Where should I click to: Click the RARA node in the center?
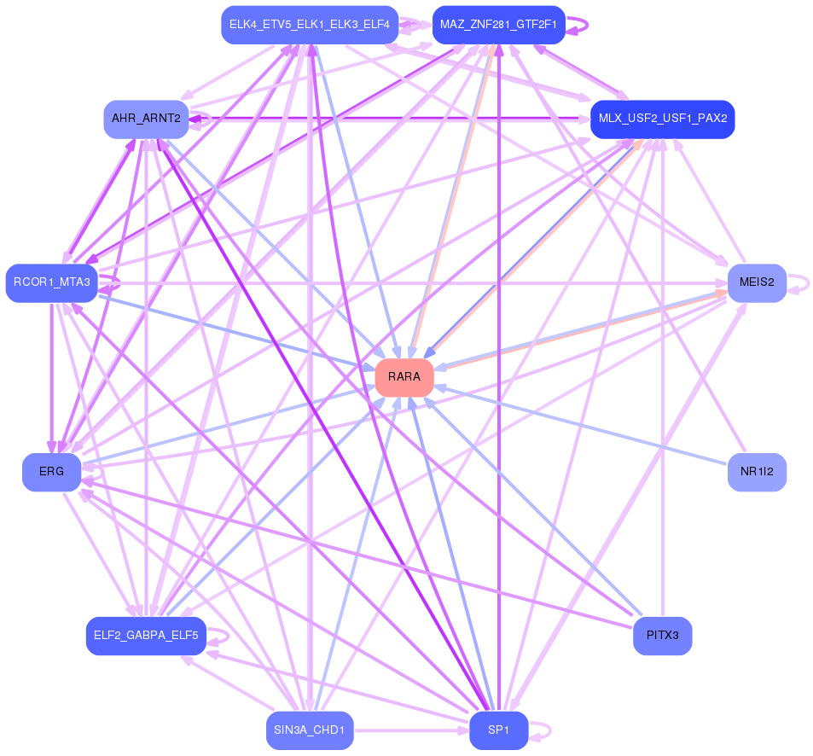(x=404, y=377)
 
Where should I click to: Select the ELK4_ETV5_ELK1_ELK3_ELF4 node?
(x=310, y=25)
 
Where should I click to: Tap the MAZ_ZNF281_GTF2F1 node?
(x=499, y=25)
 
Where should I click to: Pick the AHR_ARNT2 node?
(x=146, y=119)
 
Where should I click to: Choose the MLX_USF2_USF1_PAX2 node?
(x=662, y=119)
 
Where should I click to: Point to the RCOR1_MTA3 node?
(x=52, y=283)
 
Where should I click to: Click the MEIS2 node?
(x=757, y=283)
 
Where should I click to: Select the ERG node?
(x=51, y=472)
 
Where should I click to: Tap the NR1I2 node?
(x=757, y=472)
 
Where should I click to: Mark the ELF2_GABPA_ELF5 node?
(x=146, y=636)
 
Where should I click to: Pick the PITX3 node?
(x=662, y=636)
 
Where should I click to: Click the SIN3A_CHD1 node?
(x=310, y=730)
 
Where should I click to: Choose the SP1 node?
(x=499, y=730)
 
